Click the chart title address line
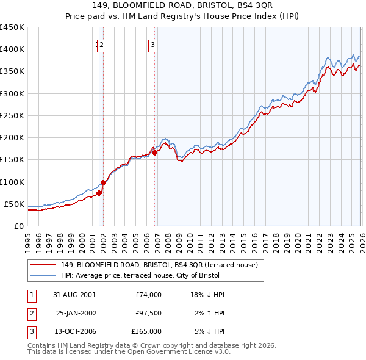(183, 6)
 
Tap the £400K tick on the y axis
(12, 49)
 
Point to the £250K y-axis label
(12, 115)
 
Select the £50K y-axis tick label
(15, 204)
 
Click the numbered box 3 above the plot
(152, 44)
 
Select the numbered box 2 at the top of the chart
(102, 44)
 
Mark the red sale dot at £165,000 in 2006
(155, 153)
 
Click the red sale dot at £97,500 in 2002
(104, 182)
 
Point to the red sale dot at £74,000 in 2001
(99, 193)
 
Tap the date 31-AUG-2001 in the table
(74, 295)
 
